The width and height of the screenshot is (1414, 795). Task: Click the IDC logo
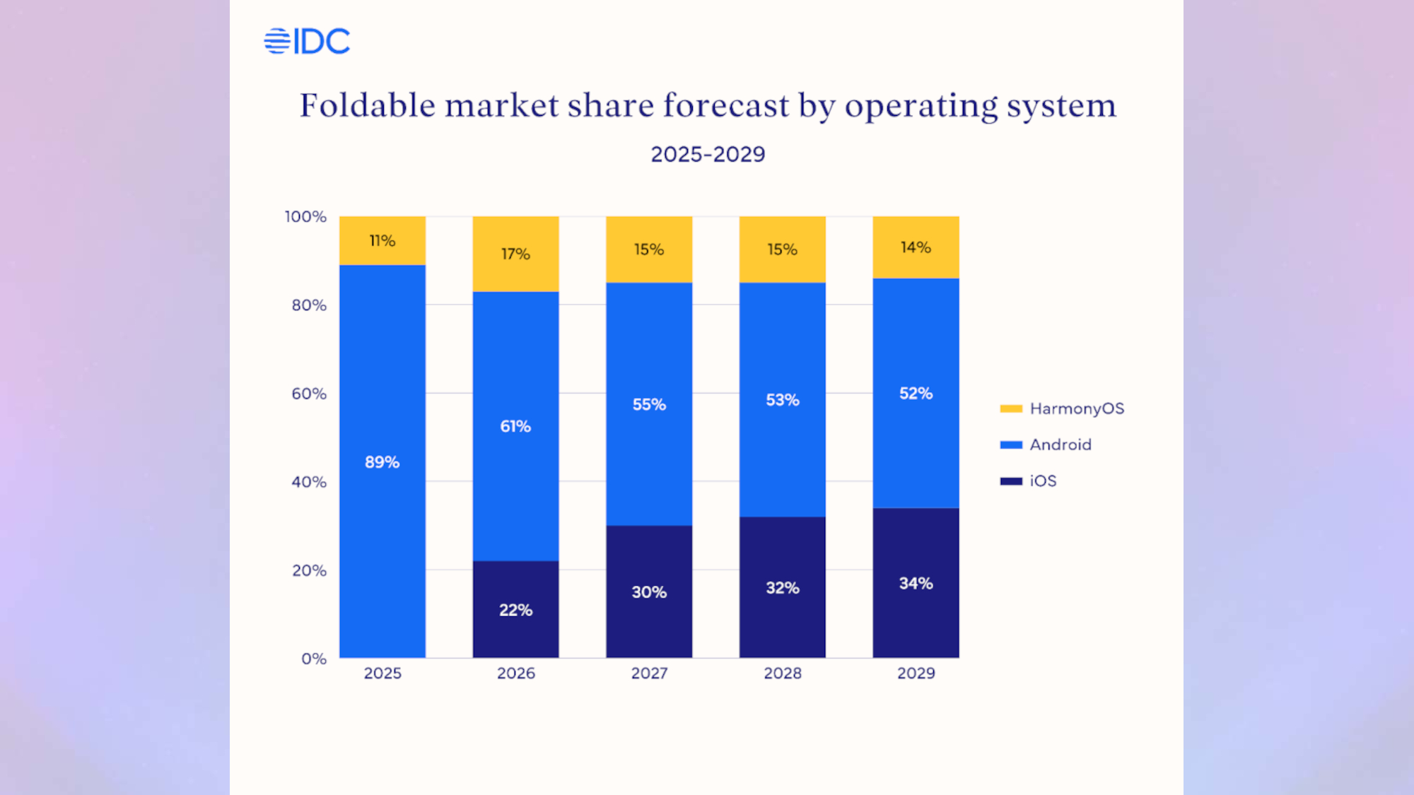(x=307, y=41)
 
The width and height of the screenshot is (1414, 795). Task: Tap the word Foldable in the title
(x=368, y=106)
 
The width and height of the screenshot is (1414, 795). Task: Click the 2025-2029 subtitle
(x=708, y=154)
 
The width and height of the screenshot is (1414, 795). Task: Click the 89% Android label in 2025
(x=382, y=462)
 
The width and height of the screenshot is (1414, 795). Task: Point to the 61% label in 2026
(x=515, y=426)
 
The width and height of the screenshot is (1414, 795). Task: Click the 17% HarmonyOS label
(x=515, y=254)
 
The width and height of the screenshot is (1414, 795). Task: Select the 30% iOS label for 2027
(x=649, y=592)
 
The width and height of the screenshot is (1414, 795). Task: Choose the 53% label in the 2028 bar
(x=783, y=400)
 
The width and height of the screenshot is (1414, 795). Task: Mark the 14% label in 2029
(x=916, y=247)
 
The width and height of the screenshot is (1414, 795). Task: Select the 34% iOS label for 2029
(x=916, y=584)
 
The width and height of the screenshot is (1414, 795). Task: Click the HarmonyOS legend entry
(x=1063, y=408)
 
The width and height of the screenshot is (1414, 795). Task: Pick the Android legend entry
(x=1047, y=444)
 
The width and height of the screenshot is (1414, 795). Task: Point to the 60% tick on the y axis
(x=309, y=394)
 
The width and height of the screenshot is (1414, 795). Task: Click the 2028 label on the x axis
(x=783, y=673)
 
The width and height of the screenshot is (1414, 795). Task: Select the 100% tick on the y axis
(x=305, y=217)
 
